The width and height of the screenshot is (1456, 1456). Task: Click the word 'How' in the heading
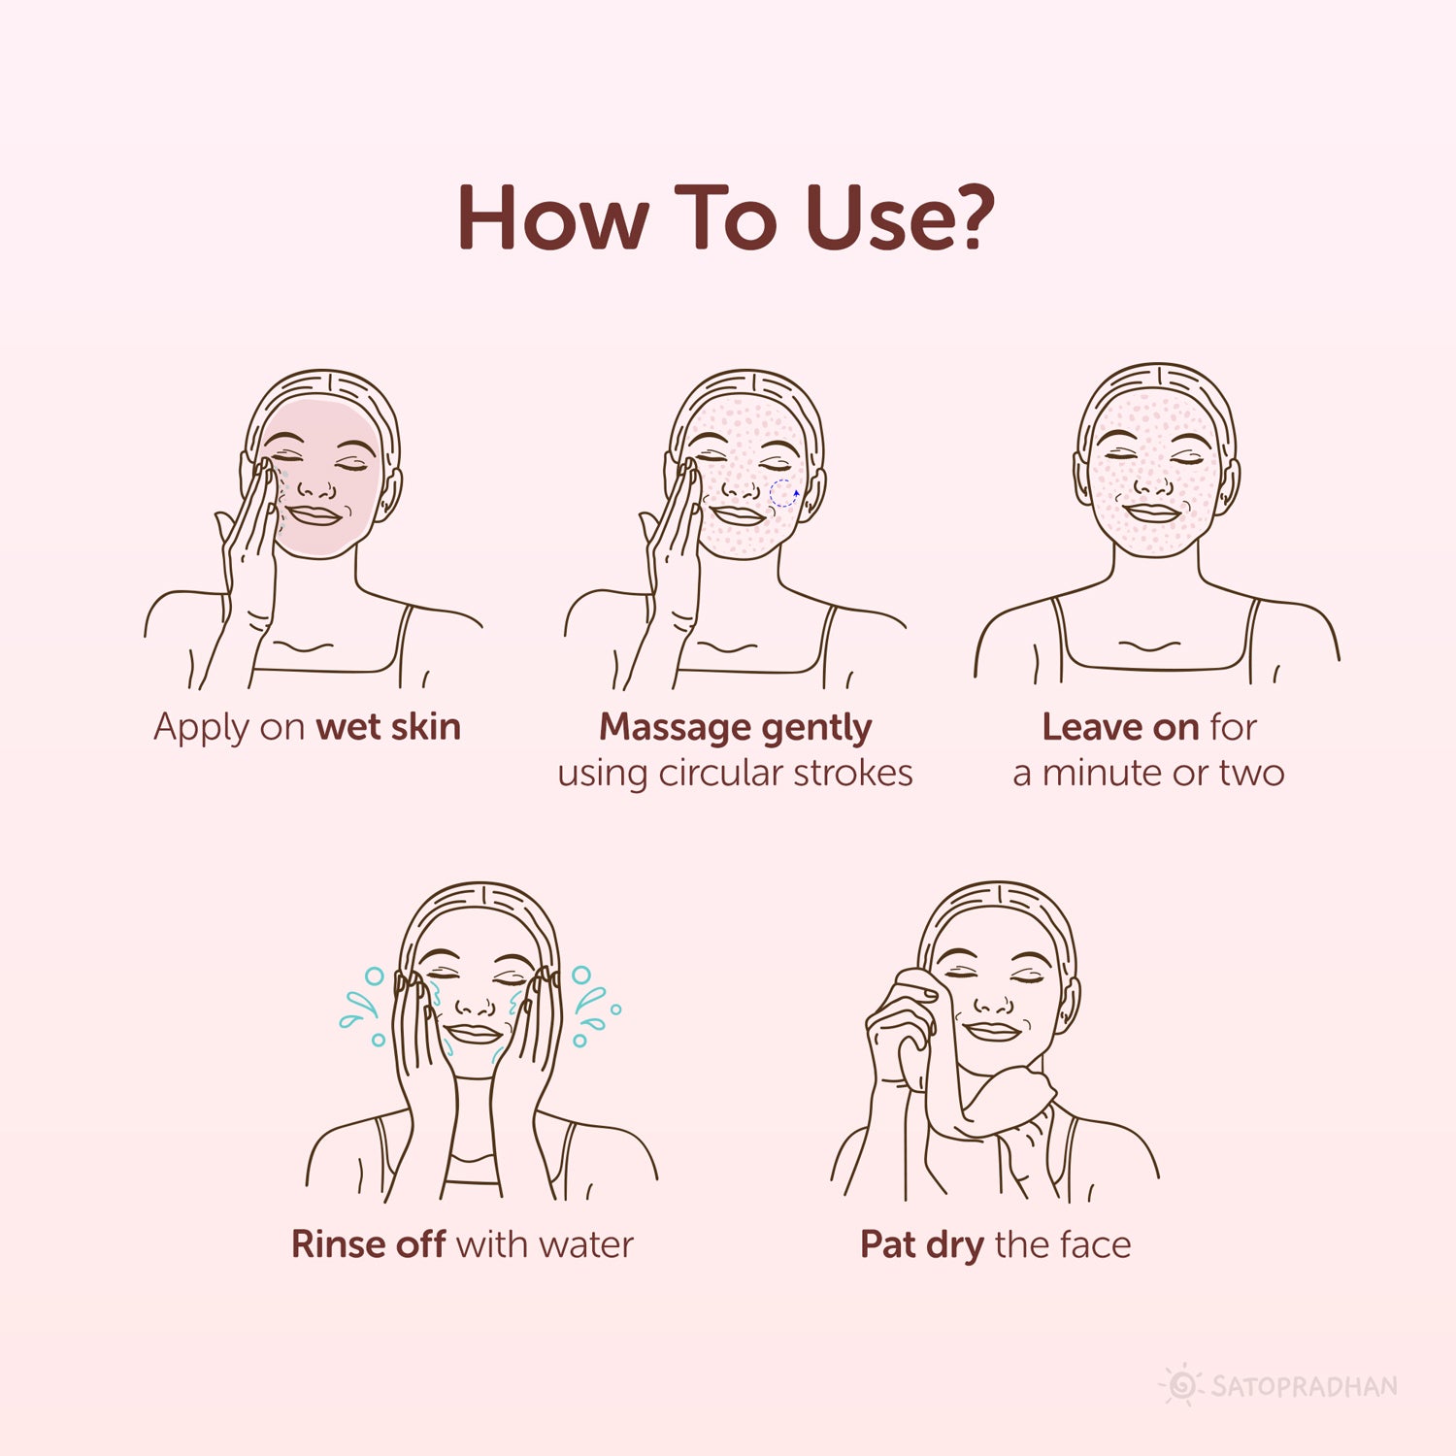coord(551,217)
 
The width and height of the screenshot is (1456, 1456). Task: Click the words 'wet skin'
coord(388,727)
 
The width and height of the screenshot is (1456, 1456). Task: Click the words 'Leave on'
coord(1120,727)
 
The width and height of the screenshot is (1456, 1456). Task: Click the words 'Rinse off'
coord(369,1244)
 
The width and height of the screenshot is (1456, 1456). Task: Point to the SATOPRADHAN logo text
coord(1305,1386)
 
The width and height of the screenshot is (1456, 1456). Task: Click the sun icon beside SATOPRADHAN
coord(1182,1385)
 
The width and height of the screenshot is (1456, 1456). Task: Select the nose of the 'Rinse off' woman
coord(476,1004)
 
